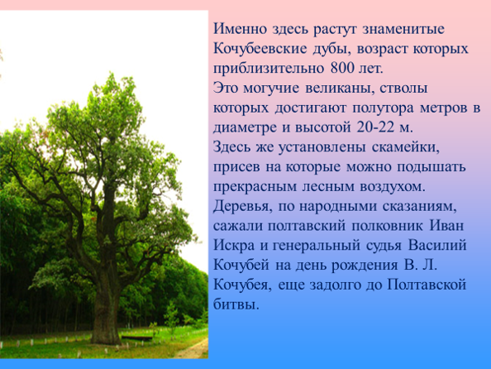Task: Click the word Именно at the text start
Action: click(x=241, y=29)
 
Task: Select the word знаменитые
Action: click(x=403, y=29)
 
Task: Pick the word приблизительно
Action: click(x=269, y=69)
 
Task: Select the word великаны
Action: click(x=340, y=89)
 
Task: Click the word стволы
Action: click(x=404, y=89)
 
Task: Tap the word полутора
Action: click(x=384, y=108)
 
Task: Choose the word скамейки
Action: click(x=406, y=147)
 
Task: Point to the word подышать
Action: click(x=431, y=167)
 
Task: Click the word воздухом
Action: click(x=393, y=187)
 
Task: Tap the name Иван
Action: click(x=446, y=226)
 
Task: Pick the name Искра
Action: click(x=234, y=246)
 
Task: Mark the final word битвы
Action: click(x=236, y=304)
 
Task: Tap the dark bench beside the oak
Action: click(x=137, y=338)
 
